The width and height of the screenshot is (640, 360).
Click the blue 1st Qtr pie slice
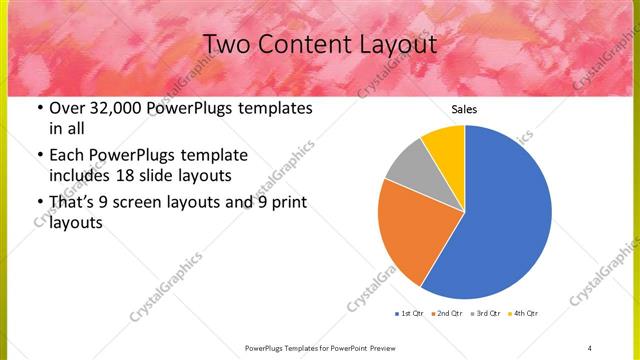tap(505, 215)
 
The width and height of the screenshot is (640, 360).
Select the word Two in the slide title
tap(230, 45)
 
